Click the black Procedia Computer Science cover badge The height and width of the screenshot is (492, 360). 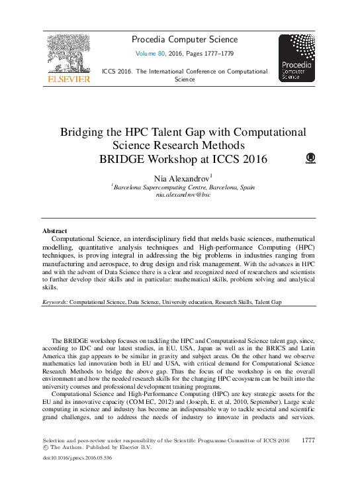pos(296,58)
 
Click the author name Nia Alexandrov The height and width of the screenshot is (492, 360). pos(181,178)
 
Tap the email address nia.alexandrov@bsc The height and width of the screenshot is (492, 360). pos(183,195)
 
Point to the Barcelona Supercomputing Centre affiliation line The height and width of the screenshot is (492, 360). pos(184,187)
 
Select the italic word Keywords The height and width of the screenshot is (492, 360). pos(54,301)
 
